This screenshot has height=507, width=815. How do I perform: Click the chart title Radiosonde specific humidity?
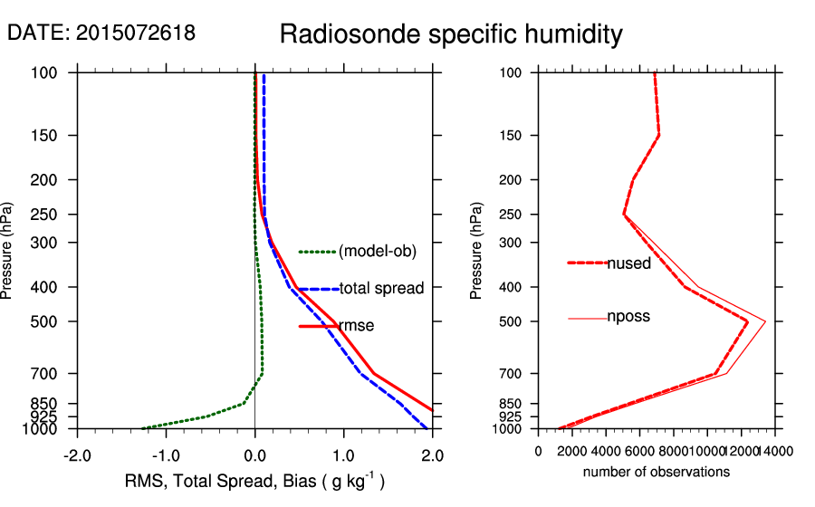tap(451, 34)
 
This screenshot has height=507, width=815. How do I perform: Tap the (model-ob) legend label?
tap(378, 252)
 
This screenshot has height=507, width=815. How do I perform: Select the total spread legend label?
tap(381, 289)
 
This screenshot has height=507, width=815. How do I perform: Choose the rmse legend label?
tap(356, 325)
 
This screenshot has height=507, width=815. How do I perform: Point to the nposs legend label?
tap(628, 317)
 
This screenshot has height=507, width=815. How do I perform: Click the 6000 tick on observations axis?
tap(640, 450)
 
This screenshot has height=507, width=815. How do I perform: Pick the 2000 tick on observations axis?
tap(572, 450)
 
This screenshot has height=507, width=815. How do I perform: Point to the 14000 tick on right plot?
tap(776, 450)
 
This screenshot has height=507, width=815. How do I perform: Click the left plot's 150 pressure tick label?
tap(51, 136)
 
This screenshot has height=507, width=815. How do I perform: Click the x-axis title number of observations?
tap(657, 472)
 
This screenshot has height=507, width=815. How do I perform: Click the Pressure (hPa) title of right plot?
tap(477, 251)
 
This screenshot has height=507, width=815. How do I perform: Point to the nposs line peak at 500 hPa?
tap(766, 321)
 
